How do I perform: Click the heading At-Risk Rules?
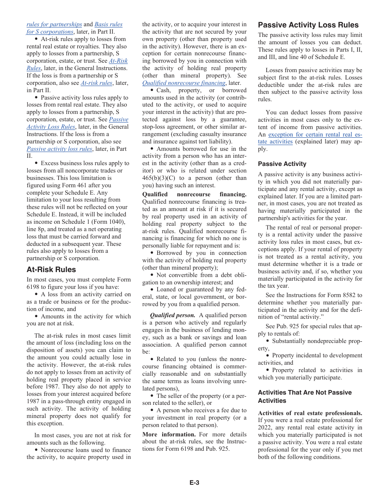51,270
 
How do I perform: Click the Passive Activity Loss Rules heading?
308,25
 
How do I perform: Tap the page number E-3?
194,483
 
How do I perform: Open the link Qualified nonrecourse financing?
183,83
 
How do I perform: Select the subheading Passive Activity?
282,164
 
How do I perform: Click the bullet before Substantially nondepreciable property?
268,341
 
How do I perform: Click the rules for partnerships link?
54,25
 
